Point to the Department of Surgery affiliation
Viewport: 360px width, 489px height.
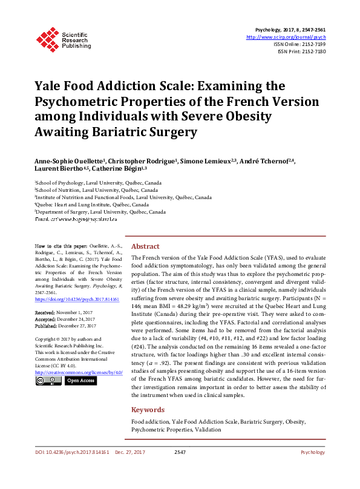(100, 212)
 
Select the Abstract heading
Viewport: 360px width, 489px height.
(145, 247)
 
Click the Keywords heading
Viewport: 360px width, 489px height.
(148, 410)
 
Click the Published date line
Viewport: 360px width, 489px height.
(65, 325)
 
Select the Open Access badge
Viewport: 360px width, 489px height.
(80, 381)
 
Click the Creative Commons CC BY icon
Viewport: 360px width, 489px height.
(47, 381)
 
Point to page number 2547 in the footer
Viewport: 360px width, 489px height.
(180, 452)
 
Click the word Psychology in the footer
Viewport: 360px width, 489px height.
(313, 452)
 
